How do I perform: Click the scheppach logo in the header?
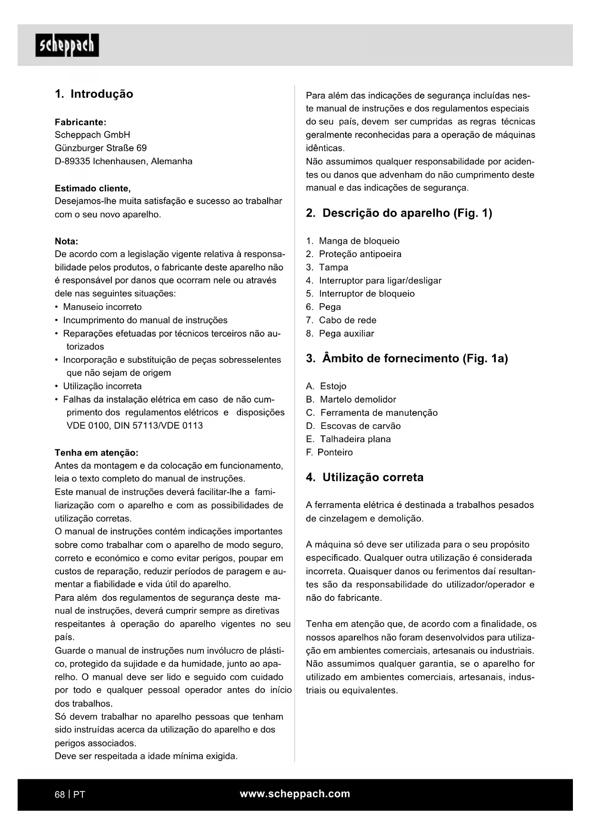pos(67,45)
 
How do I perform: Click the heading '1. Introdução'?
pos(94,94)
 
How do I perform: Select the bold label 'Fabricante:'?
pos(80,122)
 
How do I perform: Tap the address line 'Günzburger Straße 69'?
pos(100,148)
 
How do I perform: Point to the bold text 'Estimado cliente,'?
pos(92,188)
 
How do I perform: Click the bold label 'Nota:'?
pos(66,241)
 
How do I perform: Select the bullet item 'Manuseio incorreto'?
pos(102,307)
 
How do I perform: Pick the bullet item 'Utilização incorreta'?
pos(102,386)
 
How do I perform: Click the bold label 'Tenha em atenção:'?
pos(96,452)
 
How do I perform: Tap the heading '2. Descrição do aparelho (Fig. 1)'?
pos(399,213)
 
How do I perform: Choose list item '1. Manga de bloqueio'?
pos(352,241)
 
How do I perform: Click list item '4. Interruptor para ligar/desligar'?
pos(373,280)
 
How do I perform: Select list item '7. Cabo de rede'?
pos(341,320)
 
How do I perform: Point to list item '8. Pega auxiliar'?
pos(340,333)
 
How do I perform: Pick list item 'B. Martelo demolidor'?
pos(351,399)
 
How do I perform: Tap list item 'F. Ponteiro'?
pos(329,452)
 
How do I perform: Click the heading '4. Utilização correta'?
pos(364,477)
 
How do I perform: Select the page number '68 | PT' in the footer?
pos(70,794)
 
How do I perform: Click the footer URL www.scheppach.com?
pos(295,794)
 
